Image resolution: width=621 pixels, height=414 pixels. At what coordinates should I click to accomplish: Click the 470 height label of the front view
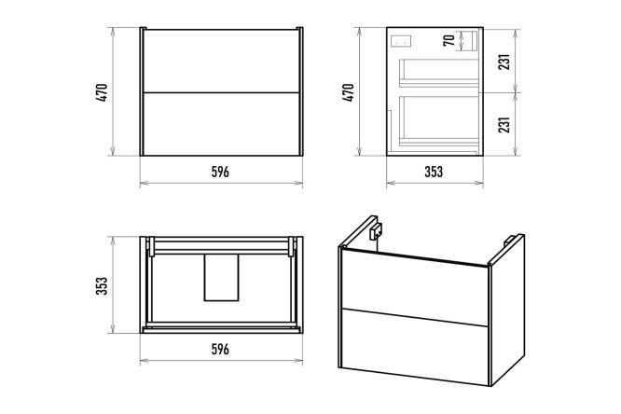(x=102, y=93)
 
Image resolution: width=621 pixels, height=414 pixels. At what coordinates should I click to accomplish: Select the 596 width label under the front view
(x=220, y=172)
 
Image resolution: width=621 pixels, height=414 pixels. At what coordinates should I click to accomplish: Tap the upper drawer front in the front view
(x=221, y=61)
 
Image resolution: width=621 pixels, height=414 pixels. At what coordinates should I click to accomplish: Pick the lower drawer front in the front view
(x=221, y=124)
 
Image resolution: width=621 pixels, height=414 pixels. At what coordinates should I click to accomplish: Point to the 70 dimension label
(x=449, y=40)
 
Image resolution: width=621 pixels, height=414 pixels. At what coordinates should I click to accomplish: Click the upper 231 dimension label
(x=504, y=61)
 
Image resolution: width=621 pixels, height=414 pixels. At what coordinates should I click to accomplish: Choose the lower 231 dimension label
(x=504, y=124)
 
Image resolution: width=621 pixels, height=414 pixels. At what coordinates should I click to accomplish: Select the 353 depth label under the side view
(x=434, y=172)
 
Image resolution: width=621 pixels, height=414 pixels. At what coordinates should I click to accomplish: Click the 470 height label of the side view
(x=348, y=92)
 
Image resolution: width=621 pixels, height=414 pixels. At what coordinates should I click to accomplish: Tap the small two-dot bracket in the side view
(x=401, y=41)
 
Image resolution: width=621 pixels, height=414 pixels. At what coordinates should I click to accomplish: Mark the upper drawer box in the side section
(x=439, y=73)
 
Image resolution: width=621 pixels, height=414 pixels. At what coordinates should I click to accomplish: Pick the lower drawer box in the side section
(x=439, y=121)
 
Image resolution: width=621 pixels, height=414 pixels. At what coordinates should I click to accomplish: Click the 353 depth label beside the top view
(x=102, y=285)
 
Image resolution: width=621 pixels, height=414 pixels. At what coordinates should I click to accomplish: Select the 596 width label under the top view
(x=220, y=349)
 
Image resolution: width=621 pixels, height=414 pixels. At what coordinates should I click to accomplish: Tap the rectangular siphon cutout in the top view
(x=221, y=277)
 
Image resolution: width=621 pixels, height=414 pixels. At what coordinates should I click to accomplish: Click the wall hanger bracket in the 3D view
(x=376, y=231)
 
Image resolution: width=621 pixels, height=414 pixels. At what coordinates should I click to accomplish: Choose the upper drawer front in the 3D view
(x=415, y=286)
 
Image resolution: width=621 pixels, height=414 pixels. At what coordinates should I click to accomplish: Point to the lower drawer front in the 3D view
(x=415, y=345)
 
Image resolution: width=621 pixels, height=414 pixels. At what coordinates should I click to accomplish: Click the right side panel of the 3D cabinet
(x=508, y=310)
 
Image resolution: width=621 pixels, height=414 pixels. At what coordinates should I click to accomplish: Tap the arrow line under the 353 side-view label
(x=435, y=183)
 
